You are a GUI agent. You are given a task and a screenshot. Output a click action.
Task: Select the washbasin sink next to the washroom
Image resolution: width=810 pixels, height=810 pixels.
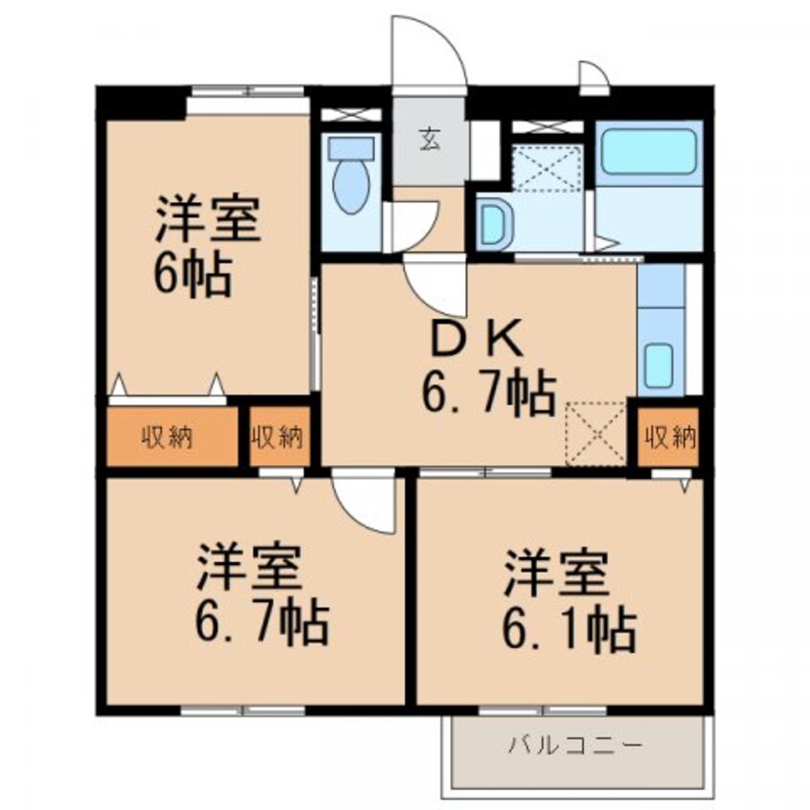pos(494,224)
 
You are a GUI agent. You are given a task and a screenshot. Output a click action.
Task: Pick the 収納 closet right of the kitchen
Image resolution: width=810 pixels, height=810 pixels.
pos(668,438)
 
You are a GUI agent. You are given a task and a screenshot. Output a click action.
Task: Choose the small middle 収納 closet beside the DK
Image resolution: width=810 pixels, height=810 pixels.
pos(278,438)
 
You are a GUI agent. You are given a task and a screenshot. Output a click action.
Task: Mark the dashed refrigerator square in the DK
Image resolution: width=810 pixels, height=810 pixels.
pos(595,434)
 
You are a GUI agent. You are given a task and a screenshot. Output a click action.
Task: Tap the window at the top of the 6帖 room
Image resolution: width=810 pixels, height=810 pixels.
pos(246,92)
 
